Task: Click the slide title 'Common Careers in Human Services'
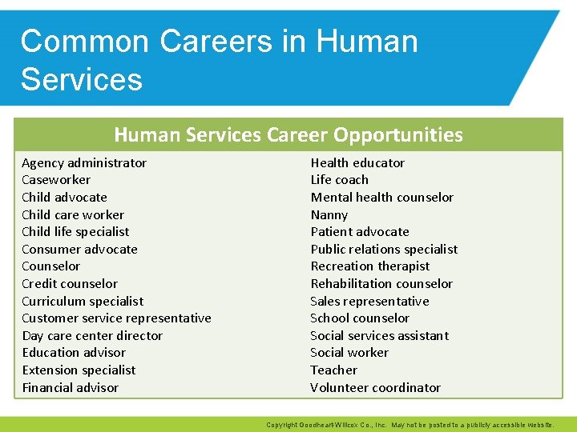[218, 60]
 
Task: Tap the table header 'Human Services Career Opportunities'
[288, 134]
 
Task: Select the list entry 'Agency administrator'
[84, 162]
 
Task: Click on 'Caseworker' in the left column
[56, 180]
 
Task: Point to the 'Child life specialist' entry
[75, 232]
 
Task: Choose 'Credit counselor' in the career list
[70, 284]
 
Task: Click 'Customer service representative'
[116, 318]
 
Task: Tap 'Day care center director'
[92, 336]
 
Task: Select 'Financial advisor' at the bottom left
[70, 388]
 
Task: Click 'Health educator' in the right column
[357, 162]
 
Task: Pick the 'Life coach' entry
[340, 180]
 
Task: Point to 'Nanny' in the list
[329, 214]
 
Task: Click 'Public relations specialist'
[384, 250]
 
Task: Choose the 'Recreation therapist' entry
[370, 266]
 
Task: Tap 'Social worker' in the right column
[349, 353]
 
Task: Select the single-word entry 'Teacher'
[334, 370]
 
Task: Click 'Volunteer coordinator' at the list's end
[376, 388]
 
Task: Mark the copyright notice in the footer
[420, 425]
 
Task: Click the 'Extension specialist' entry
[79, 370]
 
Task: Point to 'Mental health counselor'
[382, 198]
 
